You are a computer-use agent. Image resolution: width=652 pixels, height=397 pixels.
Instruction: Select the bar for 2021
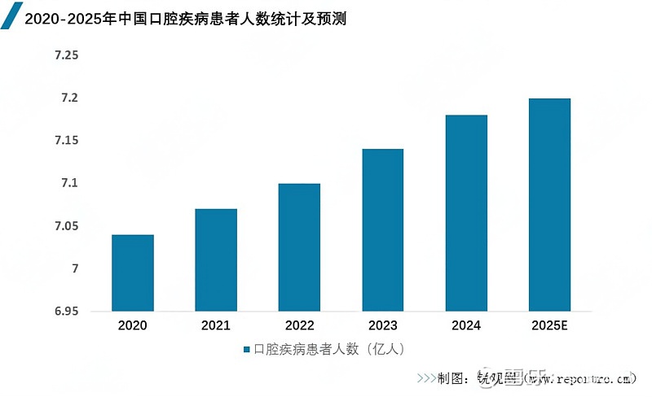(x=216, y=260)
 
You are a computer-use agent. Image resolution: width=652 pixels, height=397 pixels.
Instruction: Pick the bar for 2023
(x=382, y=230)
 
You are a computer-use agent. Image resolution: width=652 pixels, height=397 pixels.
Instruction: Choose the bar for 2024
(x=465, y=213)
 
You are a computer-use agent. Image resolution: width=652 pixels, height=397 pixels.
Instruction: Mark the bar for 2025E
(x=548, y=205)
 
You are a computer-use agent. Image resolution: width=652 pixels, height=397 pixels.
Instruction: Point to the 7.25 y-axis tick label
(x=66, y=55)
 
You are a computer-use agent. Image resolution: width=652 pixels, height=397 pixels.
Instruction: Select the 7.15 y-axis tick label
(x=66, y=141)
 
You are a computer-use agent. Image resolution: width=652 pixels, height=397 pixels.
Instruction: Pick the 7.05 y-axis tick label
(x=66, y=226)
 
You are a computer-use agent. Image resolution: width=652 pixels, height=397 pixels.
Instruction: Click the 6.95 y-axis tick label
(x=66, y=312)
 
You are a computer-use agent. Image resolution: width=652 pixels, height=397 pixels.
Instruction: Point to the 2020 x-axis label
(x=133, y=326)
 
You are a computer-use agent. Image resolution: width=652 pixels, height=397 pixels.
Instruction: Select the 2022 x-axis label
(x=299, y=326)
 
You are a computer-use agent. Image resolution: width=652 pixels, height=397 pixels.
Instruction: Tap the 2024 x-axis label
(x=465, y=326)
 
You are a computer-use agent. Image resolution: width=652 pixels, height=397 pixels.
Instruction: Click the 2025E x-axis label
(x=548, y=326)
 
